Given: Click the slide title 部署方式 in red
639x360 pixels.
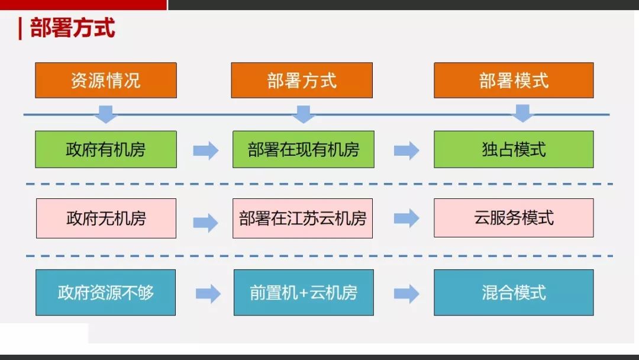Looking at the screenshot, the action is click(73, 28).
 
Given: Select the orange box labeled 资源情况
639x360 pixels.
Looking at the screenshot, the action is click(106, 81).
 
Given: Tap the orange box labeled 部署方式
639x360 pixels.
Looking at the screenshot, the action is click(302, 81).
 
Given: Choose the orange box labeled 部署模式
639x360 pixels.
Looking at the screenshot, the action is click(514, 81).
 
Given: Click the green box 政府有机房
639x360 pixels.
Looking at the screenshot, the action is click(106, 149).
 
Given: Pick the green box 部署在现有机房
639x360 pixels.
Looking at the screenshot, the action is click(303, 149).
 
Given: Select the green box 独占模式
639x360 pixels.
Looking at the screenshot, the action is click(514, 149).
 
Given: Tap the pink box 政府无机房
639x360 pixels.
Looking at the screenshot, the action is click(106, 218).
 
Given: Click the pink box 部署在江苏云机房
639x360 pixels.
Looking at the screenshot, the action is click(302, 218).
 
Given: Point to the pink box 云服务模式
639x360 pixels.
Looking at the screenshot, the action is click(514, 218).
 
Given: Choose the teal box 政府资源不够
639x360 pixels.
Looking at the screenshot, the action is click(105, 292).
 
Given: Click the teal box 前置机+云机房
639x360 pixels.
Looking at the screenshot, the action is click(304, 292).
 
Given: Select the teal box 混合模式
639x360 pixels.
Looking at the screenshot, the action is click(514, 292).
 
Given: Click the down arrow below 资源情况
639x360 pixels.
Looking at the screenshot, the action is click(106, 114).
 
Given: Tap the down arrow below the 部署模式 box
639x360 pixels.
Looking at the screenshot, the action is click(523, 113).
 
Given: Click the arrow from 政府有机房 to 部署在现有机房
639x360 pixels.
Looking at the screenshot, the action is click(206, 150).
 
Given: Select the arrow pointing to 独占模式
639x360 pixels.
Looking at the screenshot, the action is click(406, 150).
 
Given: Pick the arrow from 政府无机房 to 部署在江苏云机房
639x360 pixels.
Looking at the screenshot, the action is click(206, 223).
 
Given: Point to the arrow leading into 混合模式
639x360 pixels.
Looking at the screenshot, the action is click(406, 294).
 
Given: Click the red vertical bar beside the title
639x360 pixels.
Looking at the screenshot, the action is click(20, 28).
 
